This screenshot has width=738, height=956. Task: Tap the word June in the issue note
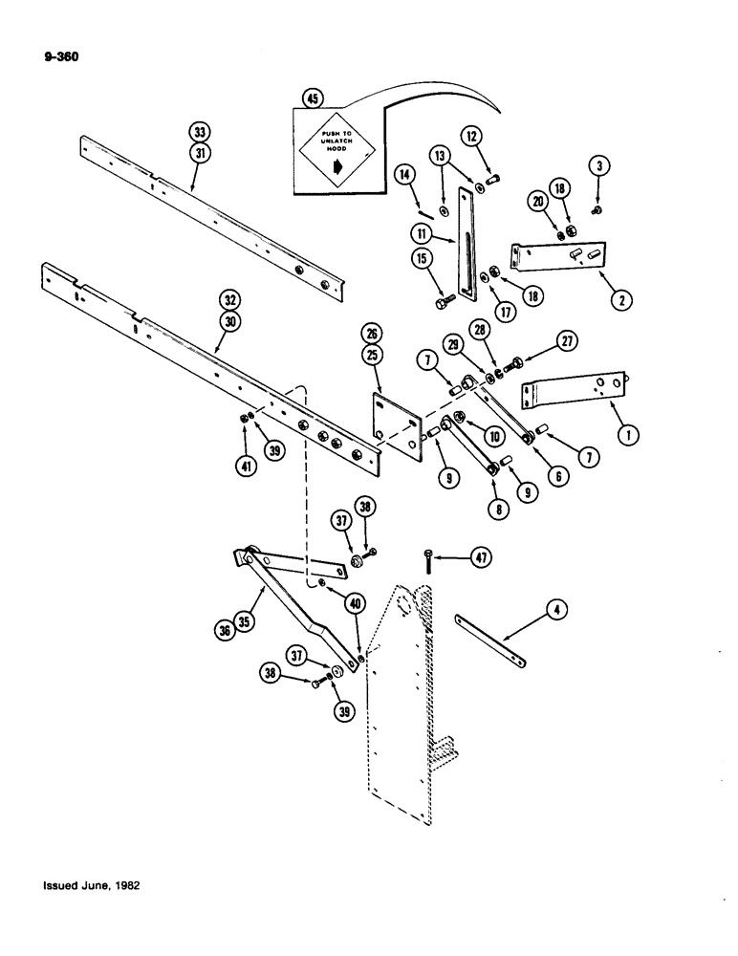coord(98,886)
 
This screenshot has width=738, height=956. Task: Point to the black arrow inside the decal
coord(339,165)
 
